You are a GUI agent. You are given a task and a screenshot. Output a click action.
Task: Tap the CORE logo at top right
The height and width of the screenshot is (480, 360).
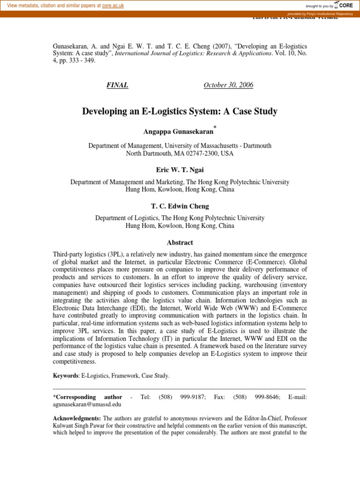pos(343,5)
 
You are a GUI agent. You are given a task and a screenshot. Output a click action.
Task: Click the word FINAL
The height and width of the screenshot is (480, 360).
pos(117,85)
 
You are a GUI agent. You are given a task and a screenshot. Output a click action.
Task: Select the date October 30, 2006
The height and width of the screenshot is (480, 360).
pos(228,85)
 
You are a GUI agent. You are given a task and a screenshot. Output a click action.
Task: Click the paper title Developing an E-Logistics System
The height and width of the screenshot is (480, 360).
pos(180,112)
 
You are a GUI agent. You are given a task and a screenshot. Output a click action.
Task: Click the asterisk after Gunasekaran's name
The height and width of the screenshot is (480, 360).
pos(215,127)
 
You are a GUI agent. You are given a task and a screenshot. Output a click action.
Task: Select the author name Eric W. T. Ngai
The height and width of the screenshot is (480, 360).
pos(180,170)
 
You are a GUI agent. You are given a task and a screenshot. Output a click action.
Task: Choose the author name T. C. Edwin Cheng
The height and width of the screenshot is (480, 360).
pos(180,206)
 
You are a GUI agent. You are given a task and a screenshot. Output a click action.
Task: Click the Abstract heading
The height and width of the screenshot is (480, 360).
pos(180,242)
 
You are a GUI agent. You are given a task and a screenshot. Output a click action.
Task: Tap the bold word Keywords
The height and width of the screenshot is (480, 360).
pos(65,375)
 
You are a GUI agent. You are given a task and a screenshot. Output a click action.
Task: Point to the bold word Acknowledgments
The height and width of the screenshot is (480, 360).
pos(76,418)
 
